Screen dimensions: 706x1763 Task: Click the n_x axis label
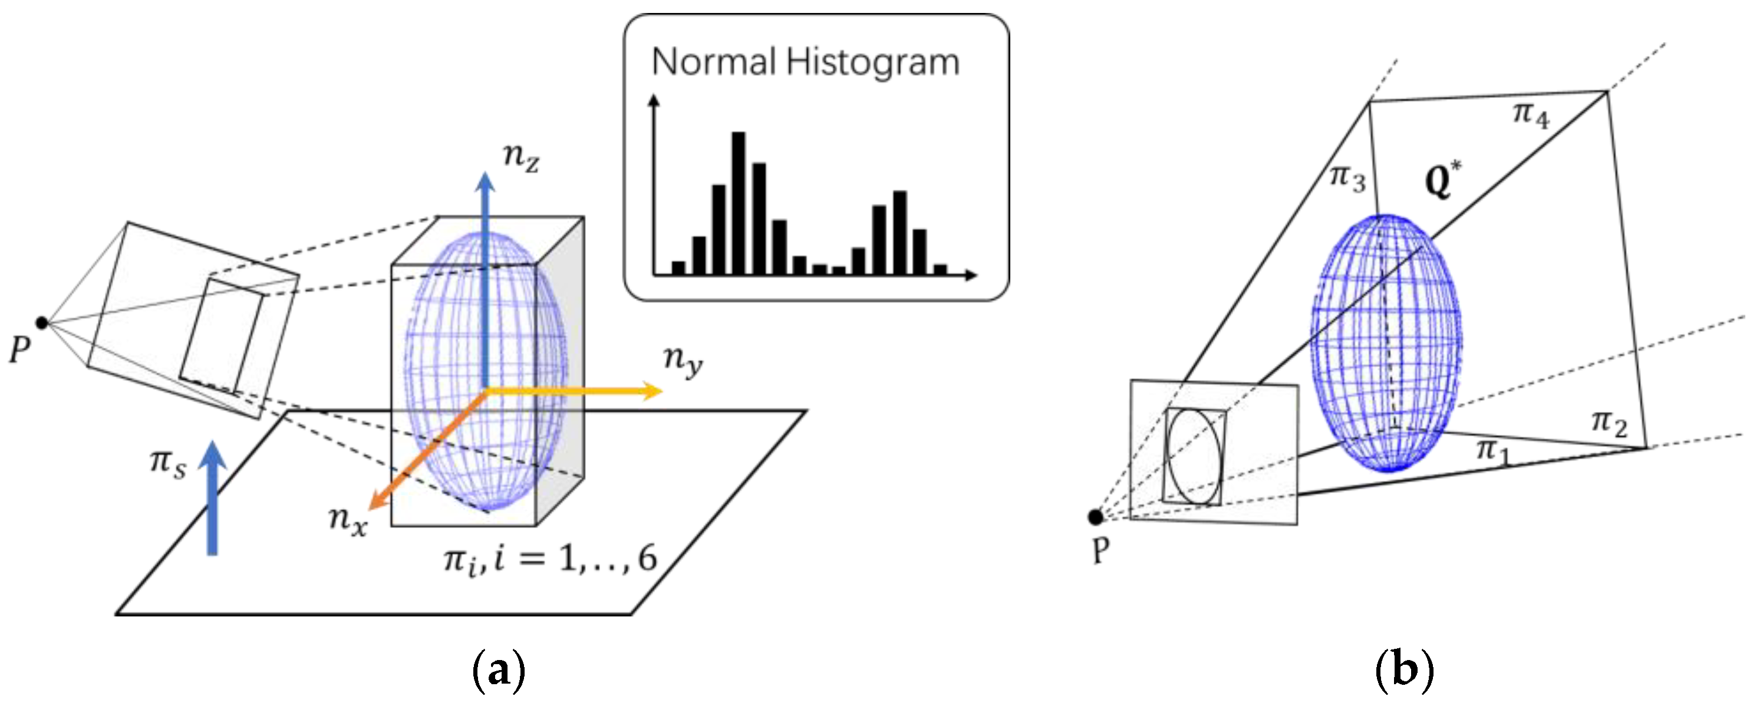click(x=348, y=520)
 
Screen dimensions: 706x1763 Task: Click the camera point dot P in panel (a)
click(x=42, y=322)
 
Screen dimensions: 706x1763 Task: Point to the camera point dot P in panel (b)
click(x=1095, y=517)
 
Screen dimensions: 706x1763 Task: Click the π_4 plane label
click(x=1530, y=115)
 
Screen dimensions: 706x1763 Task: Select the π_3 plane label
click(x=1347, y=178)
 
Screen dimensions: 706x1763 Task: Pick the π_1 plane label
click(x=1492, y=451)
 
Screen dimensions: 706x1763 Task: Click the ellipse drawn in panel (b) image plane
click(x=1194, y=456)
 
